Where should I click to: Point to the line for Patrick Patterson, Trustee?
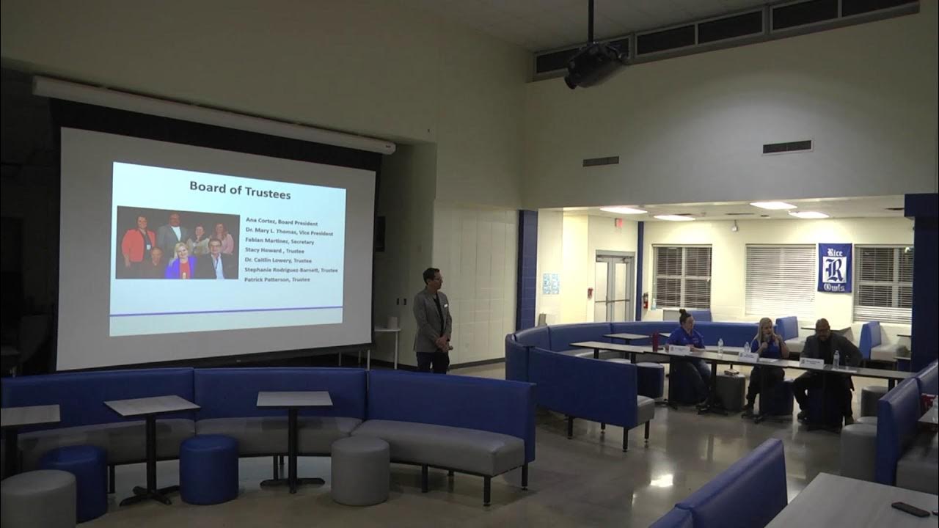(277, 279)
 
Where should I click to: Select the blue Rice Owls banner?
(835, 268)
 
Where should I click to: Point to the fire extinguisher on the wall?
(646, 301)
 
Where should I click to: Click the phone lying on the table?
(910, 508)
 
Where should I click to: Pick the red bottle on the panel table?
(655, 340)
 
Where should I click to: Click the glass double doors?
(614, 288)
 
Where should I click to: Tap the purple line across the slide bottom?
(226, 309)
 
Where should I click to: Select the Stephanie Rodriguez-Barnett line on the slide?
(291, 270)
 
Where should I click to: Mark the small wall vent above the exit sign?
(600, 161)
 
